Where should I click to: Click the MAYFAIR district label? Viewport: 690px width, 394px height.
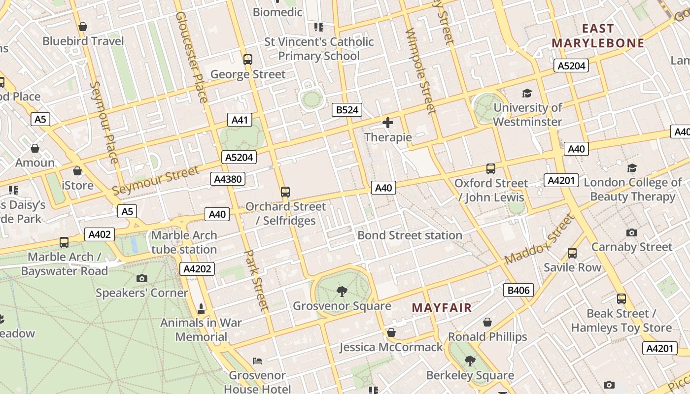pyautogui.click(x=442, y=308)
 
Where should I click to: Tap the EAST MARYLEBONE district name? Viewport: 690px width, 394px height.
pyautogui.click(x=598, y=36)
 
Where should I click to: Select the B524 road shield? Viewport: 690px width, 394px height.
pyautogui.click(x=347, y=110)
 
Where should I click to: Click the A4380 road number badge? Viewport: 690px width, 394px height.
pyautogui.click(x=228, y=179)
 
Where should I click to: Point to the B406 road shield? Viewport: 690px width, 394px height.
pyautogui.click(x=518, y=290)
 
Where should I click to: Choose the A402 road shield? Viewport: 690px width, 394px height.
pyautogui.click(x=100, y=234)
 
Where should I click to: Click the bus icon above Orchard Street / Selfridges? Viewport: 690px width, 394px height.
pyautogui.click(x=285, y=192)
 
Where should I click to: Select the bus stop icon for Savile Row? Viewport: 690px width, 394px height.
pyautogui.click(x=572, y=253)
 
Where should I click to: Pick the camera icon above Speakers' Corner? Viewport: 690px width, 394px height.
pyautogui.click(x=142, y=279)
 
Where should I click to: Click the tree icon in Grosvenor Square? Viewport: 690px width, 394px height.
pyautogui.click(x=342, y=292)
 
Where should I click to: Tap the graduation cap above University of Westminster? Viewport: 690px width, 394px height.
pyautogui.click(x=527, y=94)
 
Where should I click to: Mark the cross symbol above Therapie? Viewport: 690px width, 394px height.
pyautogui.click(x=388, y=123)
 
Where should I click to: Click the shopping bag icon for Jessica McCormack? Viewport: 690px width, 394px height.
pyautogui.click(x=391, y=333)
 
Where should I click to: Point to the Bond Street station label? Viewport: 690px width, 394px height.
pyautogui.click(x=410, y=235)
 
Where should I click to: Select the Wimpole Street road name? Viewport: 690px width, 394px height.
pyautogui.click(x=420, y=70)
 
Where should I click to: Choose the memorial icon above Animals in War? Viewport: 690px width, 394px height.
pyautogui.click(x=201, y=309)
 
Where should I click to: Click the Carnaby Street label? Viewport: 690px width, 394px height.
pyautogui.click(x=632, y=247)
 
